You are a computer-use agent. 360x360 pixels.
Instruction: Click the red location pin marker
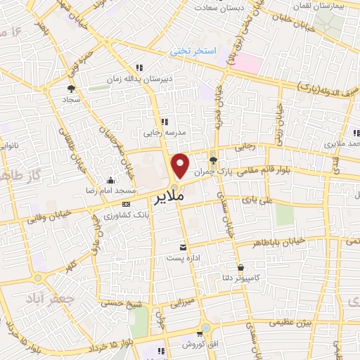point(180,165)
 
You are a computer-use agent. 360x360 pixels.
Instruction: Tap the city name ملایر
point(171,197)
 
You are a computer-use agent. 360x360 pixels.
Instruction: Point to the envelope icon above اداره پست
point(184,247)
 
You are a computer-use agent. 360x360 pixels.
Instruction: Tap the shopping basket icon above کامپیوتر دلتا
point(241,267)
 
